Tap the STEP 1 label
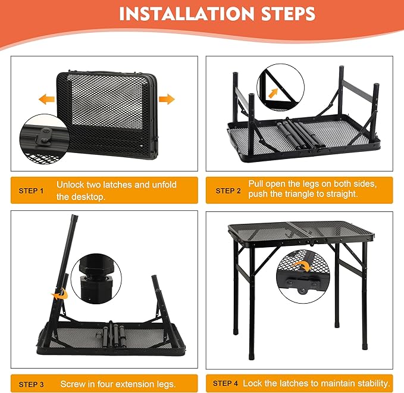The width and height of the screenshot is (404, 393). click(x=32, y=191)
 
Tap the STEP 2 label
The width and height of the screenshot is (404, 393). click(x=228, y=191)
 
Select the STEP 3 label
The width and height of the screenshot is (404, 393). click(x=32, y=384)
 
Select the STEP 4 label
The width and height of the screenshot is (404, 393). click(x=226, y=383)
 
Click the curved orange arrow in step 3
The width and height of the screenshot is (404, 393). click(x=59, y=294)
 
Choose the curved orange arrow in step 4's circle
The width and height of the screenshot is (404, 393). click(x=304, y=267)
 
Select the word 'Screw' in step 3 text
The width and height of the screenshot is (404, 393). click(x=73, y=384)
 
